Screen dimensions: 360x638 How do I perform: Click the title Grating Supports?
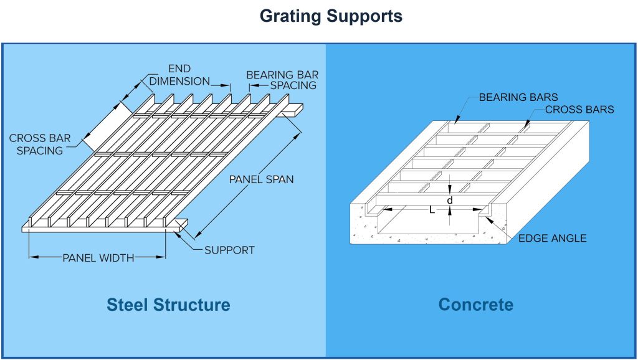[331, 16]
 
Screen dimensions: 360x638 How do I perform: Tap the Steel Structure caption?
[168, 305]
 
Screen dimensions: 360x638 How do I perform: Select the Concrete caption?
[476, 305]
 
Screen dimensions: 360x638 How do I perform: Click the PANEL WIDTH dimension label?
[98, 257]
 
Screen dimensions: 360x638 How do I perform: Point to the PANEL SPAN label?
[261, 179]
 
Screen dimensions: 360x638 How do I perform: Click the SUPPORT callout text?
[229, 250]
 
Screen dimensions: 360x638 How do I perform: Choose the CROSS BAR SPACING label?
[36, 144]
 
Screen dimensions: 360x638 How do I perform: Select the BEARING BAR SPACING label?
[281, 80]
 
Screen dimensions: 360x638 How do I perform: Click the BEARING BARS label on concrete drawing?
[518, 97]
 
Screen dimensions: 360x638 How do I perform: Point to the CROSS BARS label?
[579, 110]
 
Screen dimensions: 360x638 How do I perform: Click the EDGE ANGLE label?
[553, 239]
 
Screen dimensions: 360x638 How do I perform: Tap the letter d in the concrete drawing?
[449, 201]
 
